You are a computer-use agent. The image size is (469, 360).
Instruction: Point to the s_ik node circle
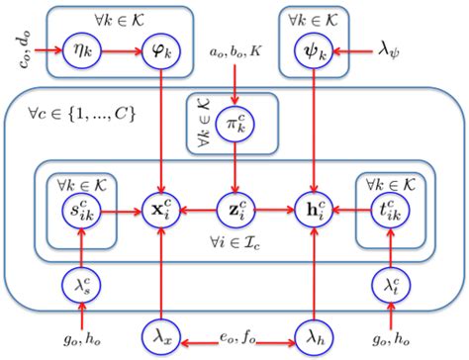click(82, 212)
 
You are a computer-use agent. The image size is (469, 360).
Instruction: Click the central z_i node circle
click(234, 212)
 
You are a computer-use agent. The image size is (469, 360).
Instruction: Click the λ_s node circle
click(82, 285)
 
